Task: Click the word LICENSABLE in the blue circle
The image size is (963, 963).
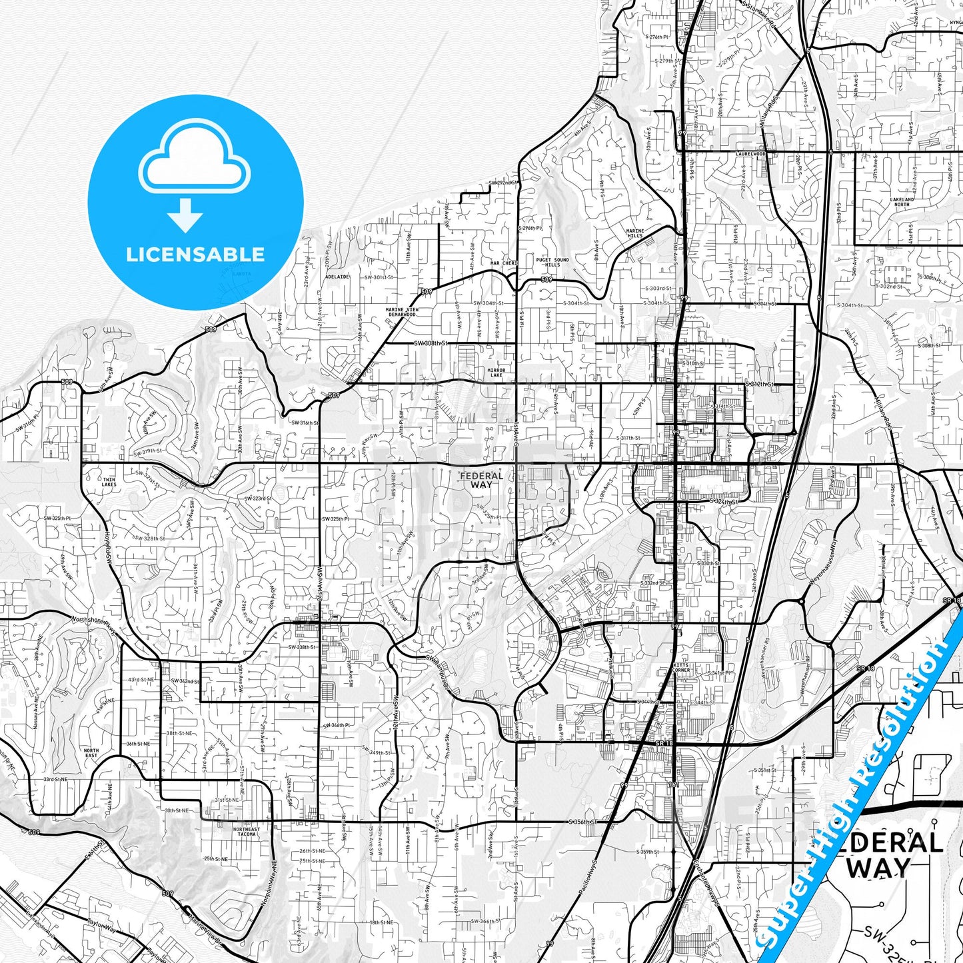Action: [x=195, y=255]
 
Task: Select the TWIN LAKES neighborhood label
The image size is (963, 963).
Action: [x=109, y=482]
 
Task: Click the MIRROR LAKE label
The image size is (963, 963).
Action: [x=496, y=373]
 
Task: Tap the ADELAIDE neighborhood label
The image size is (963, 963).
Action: [x=337, y=277]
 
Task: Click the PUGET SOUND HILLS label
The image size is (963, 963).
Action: [x=552, y=262]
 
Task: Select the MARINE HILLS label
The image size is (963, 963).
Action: [x=634, y=233]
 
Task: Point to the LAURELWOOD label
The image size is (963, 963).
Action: [x=751, y=153]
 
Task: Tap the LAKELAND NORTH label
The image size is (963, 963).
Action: [x=902, y=202]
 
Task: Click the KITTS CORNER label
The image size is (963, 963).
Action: [x=681, y=668]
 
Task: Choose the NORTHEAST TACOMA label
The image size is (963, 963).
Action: [x=247, y=832]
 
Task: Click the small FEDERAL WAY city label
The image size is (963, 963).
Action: [x=481, y=480]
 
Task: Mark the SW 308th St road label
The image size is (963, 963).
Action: [x=431, y=343]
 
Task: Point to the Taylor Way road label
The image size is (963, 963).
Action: [x=101, y=930]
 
